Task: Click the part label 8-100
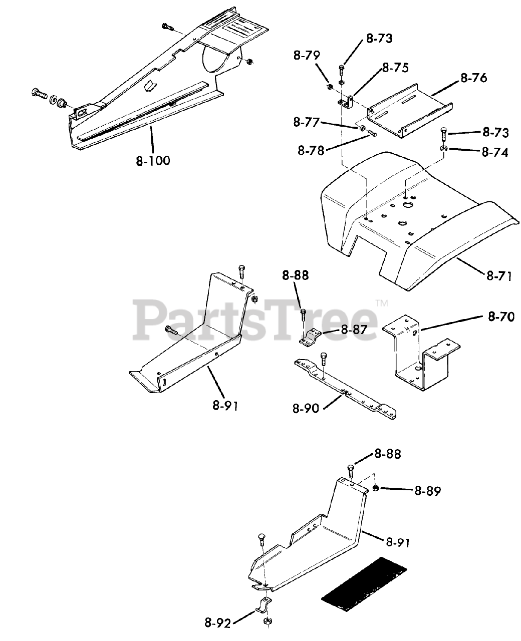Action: pyautogui.click(x=153, y=161)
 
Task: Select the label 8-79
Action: pyautogui.click(x=307, y=56)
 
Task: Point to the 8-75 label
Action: pyautogui.click(x=395, y=68)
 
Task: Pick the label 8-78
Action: pyautogui.click(x=311, y=150)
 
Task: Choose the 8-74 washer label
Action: pyautogui.click(x=495, y=152)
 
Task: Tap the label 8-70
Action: pyautogui.click(x=501, y=317)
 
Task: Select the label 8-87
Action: pyautogui.click(x=354, y=330)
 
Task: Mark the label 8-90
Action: pyautogui.click(x=306, y=408)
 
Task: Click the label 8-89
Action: pyautogui.click(x=427, y=491)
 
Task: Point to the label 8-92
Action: pyautogui.click(x=217, y=623)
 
